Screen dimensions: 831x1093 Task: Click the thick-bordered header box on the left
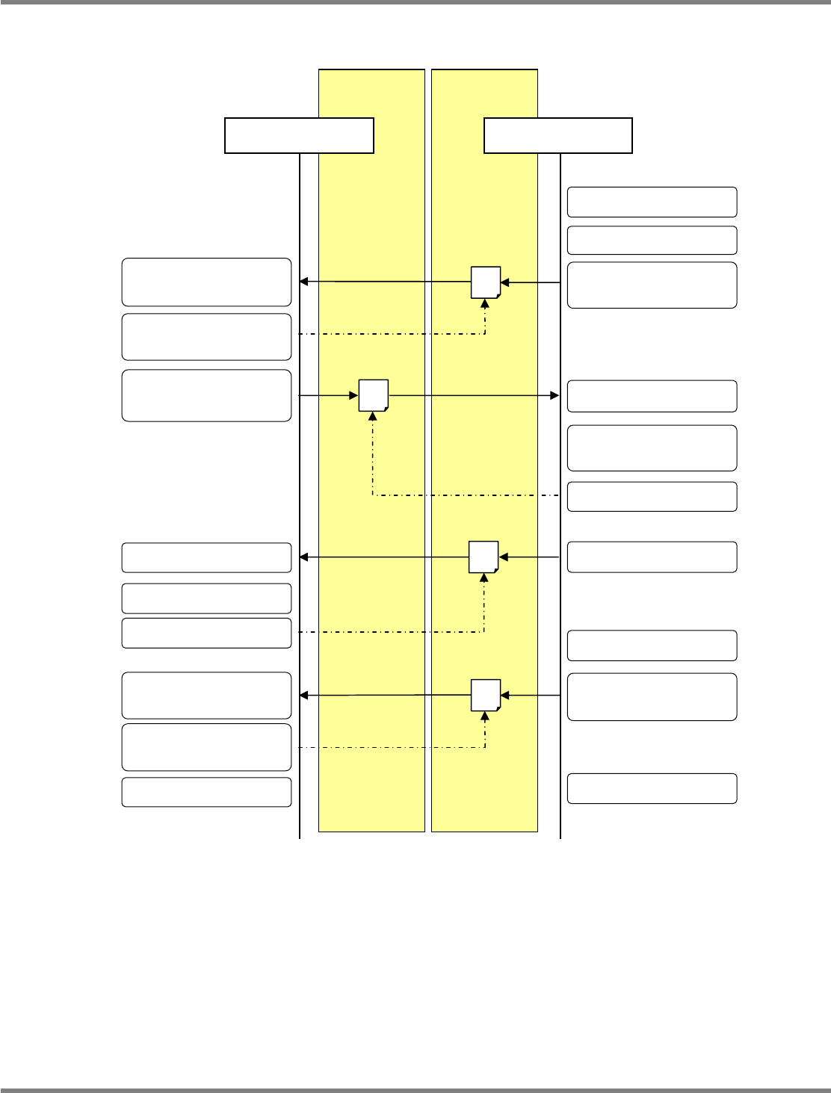[x=299, y=135]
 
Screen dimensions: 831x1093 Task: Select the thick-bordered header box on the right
[x=558, y=135]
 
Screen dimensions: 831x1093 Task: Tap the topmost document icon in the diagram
[x=486, y=282]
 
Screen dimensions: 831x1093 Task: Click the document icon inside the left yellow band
[x=373, y=395]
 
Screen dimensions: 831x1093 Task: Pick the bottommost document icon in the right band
[x=486, y=696]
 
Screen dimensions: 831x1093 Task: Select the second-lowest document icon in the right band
[x=484, y=557]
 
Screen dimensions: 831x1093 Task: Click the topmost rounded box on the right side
[x=652, y=202]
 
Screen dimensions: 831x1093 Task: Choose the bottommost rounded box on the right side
[x=652, y=788]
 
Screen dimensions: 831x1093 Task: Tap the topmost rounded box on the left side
[x=206, y=282]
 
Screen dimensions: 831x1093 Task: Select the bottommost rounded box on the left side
[x=206, y=792]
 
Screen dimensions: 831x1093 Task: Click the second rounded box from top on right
[x=652, y=240]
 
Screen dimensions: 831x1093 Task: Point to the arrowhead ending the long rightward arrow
[x=554, y=395]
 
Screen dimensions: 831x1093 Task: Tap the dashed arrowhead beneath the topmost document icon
[x=486, y=303]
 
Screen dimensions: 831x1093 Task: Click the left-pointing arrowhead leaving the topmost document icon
[x=303, y=282]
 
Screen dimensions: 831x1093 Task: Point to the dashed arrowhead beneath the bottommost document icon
[x=486, y=716]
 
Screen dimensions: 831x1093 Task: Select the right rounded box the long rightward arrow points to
[x=652, y=396]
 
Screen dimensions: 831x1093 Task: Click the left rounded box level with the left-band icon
[x=206, y=395]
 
